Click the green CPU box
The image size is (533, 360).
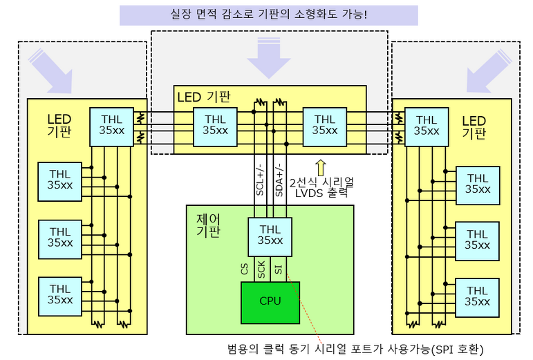click(270, 301)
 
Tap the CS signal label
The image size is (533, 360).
click(245, 269)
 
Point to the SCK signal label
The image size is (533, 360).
click(261, 269)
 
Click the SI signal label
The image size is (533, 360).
click(278, 269)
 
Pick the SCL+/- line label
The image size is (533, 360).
click(261, 181)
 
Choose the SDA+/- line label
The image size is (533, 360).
click(279, 181)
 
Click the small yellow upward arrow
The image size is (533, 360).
click(320, 167)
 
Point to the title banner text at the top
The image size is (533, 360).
click(268, 15)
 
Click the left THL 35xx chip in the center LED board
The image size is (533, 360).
click(215, 125)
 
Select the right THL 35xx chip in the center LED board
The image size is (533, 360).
click(325, 125)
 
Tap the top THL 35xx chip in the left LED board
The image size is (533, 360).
click(111, 126)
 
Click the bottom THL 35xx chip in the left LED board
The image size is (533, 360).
click(60, 294)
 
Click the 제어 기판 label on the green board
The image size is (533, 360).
click(208, 225)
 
